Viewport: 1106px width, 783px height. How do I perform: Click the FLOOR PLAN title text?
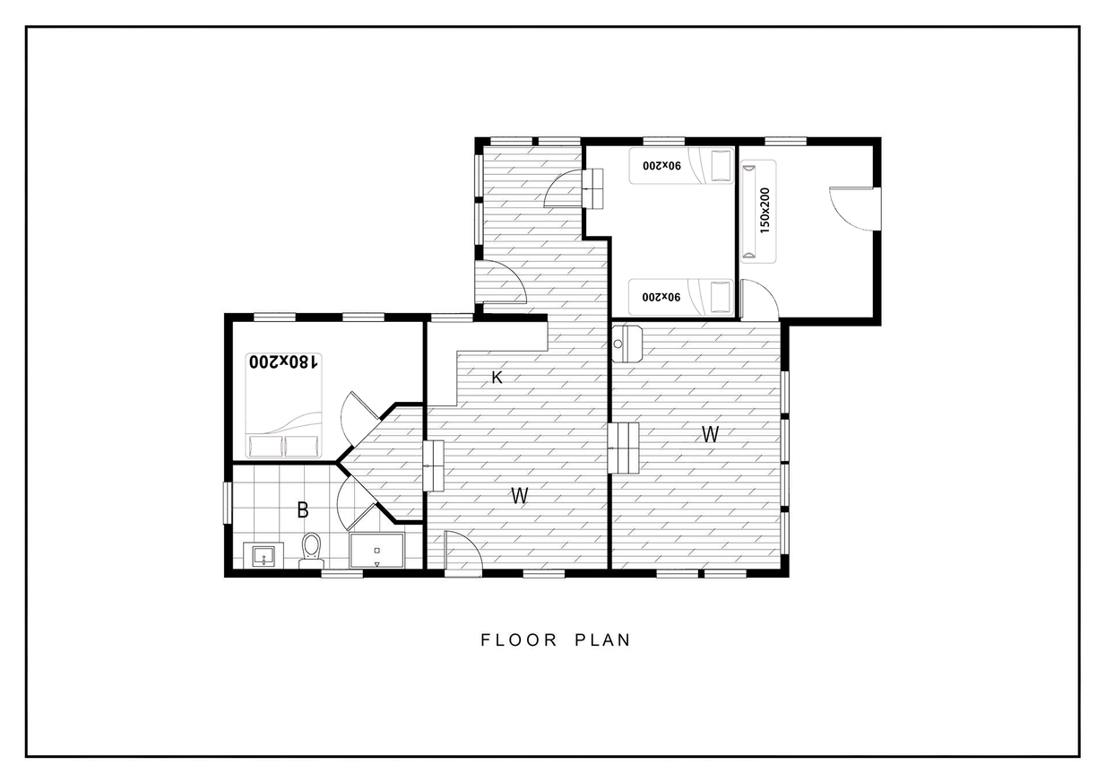point(556,640)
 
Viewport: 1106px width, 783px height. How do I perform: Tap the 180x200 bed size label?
point(283,362)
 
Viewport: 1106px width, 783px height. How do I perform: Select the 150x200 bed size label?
point(765,211)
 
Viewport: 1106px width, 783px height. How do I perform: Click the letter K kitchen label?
point(497,378)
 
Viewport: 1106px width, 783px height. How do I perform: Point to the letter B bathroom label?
point(303,509)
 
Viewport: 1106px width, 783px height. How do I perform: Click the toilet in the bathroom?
point(311,551)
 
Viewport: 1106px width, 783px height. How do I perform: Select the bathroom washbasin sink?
point(264,555)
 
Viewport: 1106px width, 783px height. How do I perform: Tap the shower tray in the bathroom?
point(376,551)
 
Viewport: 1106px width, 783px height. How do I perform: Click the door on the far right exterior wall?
point(855,208)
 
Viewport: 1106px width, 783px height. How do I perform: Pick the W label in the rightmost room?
point(710,434)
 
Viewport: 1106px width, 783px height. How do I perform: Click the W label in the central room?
point(520,495)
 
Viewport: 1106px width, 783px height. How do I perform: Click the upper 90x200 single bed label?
point(661,166)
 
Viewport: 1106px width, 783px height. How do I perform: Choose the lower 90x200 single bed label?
point(661,297)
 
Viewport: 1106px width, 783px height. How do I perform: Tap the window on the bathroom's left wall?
point(227,502)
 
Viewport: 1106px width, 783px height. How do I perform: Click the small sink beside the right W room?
point(627,344)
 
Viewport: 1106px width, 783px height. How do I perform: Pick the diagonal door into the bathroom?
point(357,503)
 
